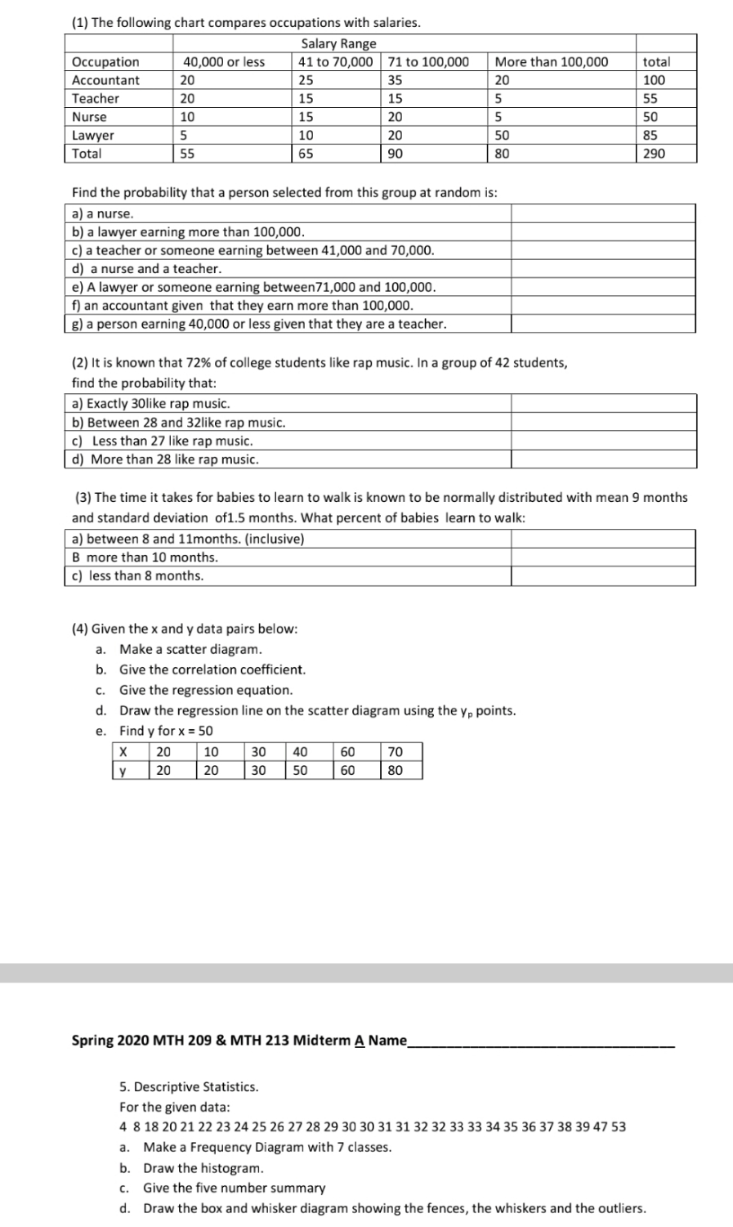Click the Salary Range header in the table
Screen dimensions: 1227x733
click(x=338, y=43)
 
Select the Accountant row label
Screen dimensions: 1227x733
click(x=105, y=80)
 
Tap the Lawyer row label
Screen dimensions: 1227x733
click(x=93, y=136)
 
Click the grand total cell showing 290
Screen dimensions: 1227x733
click(x=654, y=154)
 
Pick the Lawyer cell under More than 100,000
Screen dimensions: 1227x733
click(x=503, y=136)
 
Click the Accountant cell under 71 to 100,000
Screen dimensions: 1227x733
click(x=396, y=80)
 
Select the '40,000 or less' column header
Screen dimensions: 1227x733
click(x=223, y=62)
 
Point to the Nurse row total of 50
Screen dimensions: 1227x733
click(x=651, y=117)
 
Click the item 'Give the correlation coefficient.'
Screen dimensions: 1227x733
click(x=212, y=669)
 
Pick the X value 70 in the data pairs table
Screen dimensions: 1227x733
click(x=395, y=751)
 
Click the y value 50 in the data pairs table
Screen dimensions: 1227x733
click(x=300, y=770)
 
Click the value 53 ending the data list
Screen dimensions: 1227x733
click(x=619, y=1126)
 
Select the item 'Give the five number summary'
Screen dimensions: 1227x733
click(x=234, y=1188)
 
